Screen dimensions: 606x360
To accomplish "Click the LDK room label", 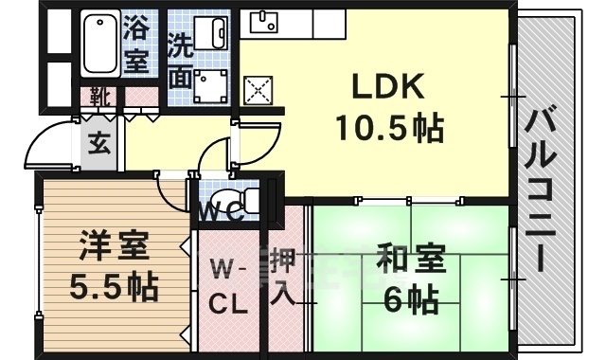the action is coord(385,87).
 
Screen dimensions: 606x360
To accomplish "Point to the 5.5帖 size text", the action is coord(113,284).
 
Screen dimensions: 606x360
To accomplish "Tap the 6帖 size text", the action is coord(410,300).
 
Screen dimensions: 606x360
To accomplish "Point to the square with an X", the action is coord(258,90).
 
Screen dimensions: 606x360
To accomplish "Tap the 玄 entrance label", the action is coord(98,144).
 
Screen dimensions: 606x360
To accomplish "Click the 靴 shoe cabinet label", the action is coord(98,96).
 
